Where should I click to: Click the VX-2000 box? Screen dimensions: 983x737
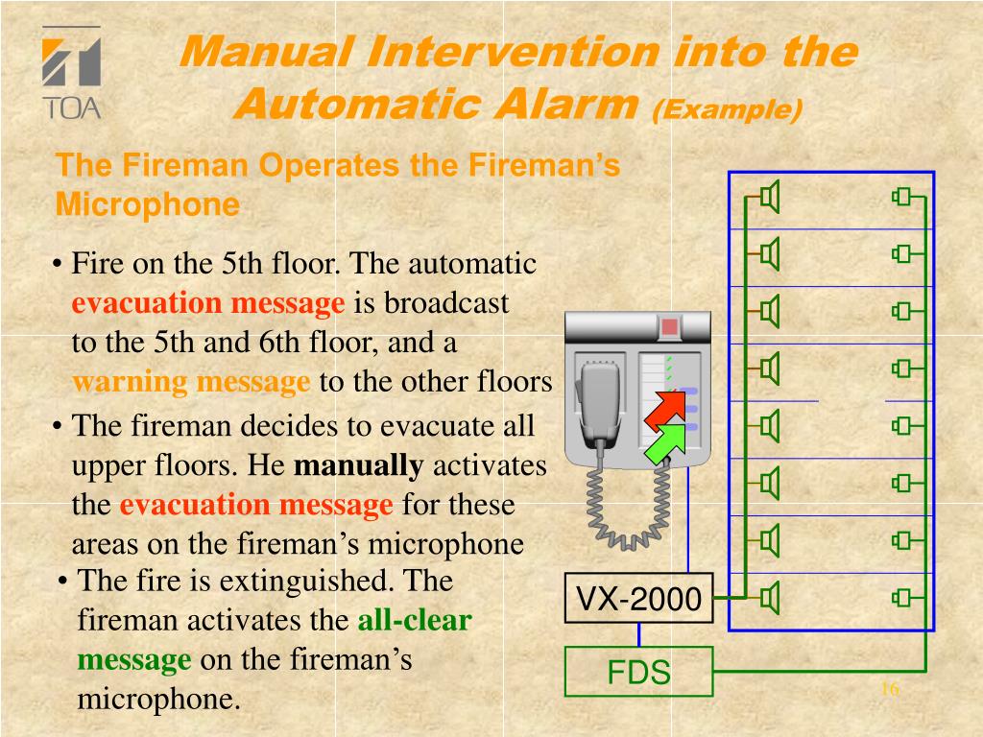(638, 599)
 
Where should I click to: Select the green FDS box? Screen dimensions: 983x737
(638, 672)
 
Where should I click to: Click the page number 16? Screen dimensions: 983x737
(889, 689)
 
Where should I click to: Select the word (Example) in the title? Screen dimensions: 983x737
(727, 109)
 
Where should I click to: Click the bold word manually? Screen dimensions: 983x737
(357, 466)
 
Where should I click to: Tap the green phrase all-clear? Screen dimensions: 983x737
(414, 621)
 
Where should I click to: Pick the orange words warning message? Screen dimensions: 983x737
(191, 382)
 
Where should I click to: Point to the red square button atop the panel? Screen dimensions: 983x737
(669, 327)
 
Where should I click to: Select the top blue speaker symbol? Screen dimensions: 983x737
(769, 198)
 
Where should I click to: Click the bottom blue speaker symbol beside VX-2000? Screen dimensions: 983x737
(769, 599)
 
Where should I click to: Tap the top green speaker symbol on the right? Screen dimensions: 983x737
(900, 198)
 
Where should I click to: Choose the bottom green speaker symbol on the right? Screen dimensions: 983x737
(900, 599)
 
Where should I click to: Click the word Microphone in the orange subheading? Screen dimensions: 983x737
(147, 204)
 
